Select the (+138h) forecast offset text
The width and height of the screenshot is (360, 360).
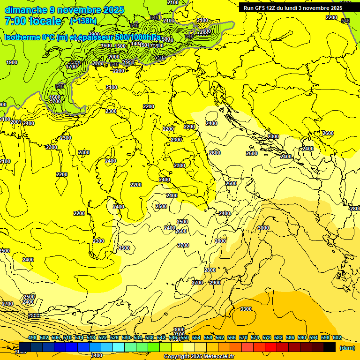[83, 21]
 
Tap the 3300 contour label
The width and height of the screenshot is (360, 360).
[246, 309]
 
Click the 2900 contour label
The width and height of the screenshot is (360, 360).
[215, 283]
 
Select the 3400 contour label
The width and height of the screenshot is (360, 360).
[97, 355]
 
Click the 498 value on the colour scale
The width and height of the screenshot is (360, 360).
[32, 337]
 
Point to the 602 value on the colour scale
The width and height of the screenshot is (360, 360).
[337, 337]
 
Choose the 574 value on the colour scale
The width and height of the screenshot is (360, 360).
[255, 337]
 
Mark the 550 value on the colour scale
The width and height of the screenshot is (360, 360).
[185, 337]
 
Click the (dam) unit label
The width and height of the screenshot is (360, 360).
[347, 347]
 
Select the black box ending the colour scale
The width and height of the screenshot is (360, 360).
[330, 347]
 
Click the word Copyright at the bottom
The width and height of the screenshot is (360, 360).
[176, 357]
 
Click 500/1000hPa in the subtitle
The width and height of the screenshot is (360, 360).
[138, 37]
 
